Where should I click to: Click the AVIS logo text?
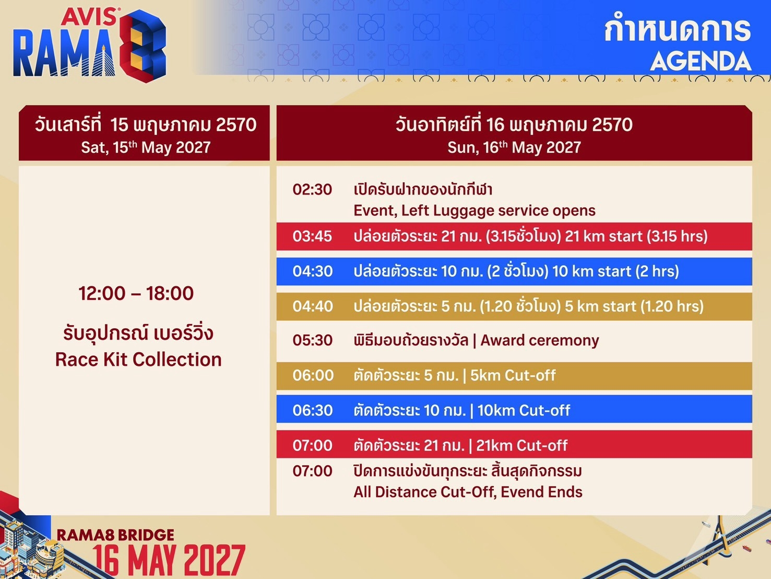tap(89, 17)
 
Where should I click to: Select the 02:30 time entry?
tap(312, 190)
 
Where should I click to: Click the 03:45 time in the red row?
tap(312, 236)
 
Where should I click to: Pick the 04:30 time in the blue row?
tap(313, 271)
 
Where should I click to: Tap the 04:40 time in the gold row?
tap(313, 306)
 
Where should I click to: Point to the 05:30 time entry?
tap(313, 340)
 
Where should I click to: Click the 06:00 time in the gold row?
tap(313, 375)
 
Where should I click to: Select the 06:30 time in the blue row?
tap(313, 410)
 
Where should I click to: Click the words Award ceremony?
tap(540, 341)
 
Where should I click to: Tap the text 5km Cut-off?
tap(513, 375)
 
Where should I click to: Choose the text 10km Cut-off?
tap(524, 410)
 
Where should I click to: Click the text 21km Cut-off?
tap(521, 445)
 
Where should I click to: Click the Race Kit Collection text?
tap(138, 360)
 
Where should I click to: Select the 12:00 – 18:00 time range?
tap(136, 293)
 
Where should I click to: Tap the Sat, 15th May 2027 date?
tap(146, 147)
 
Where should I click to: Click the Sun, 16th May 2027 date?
tap(514, 147)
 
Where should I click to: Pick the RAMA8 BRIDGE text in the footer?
tap(115, 535)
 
